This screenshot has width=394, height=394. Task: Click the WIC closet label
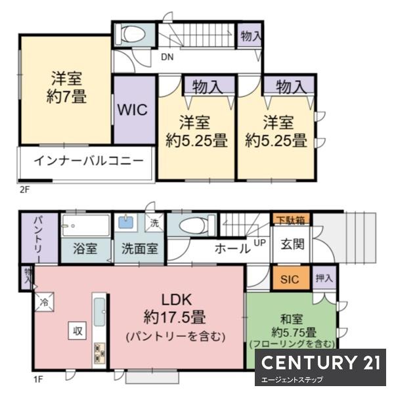click(133, 110)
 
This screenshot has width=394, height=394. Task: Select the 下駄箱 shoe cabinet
click(291, 220)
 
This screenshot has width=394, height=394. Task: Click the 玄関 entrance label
click(292, 244)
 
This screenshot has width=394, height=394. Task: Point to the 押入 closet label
click(324, 278)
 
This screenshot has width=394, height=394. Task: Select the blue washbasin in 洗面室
click(125, 222)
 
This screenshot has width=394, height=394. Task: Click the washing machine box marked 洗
click(154, 223)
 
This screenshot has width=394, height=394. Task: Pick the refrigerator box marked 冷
click(44, 302)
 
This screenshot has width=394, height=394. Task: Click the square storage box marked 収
click(77, 331)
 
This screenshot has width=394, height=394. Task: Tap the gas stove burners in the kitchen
click(100, 353)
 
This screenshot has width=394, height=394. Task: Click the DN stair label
click(167, 57)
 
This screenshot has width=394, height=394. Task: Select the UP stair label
click(260, 243)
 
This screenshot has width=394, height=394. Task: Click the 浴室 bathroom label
click(85, 248)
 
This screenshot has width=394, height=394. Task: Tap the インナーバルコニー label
click(89, 161)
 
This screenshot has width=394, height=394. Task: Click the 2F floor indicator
click(25, 190)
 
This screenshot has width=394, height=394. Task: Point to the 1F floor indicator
click(38, 379)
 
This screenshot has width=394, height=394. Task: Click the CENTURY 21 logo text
click(320, 362)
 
